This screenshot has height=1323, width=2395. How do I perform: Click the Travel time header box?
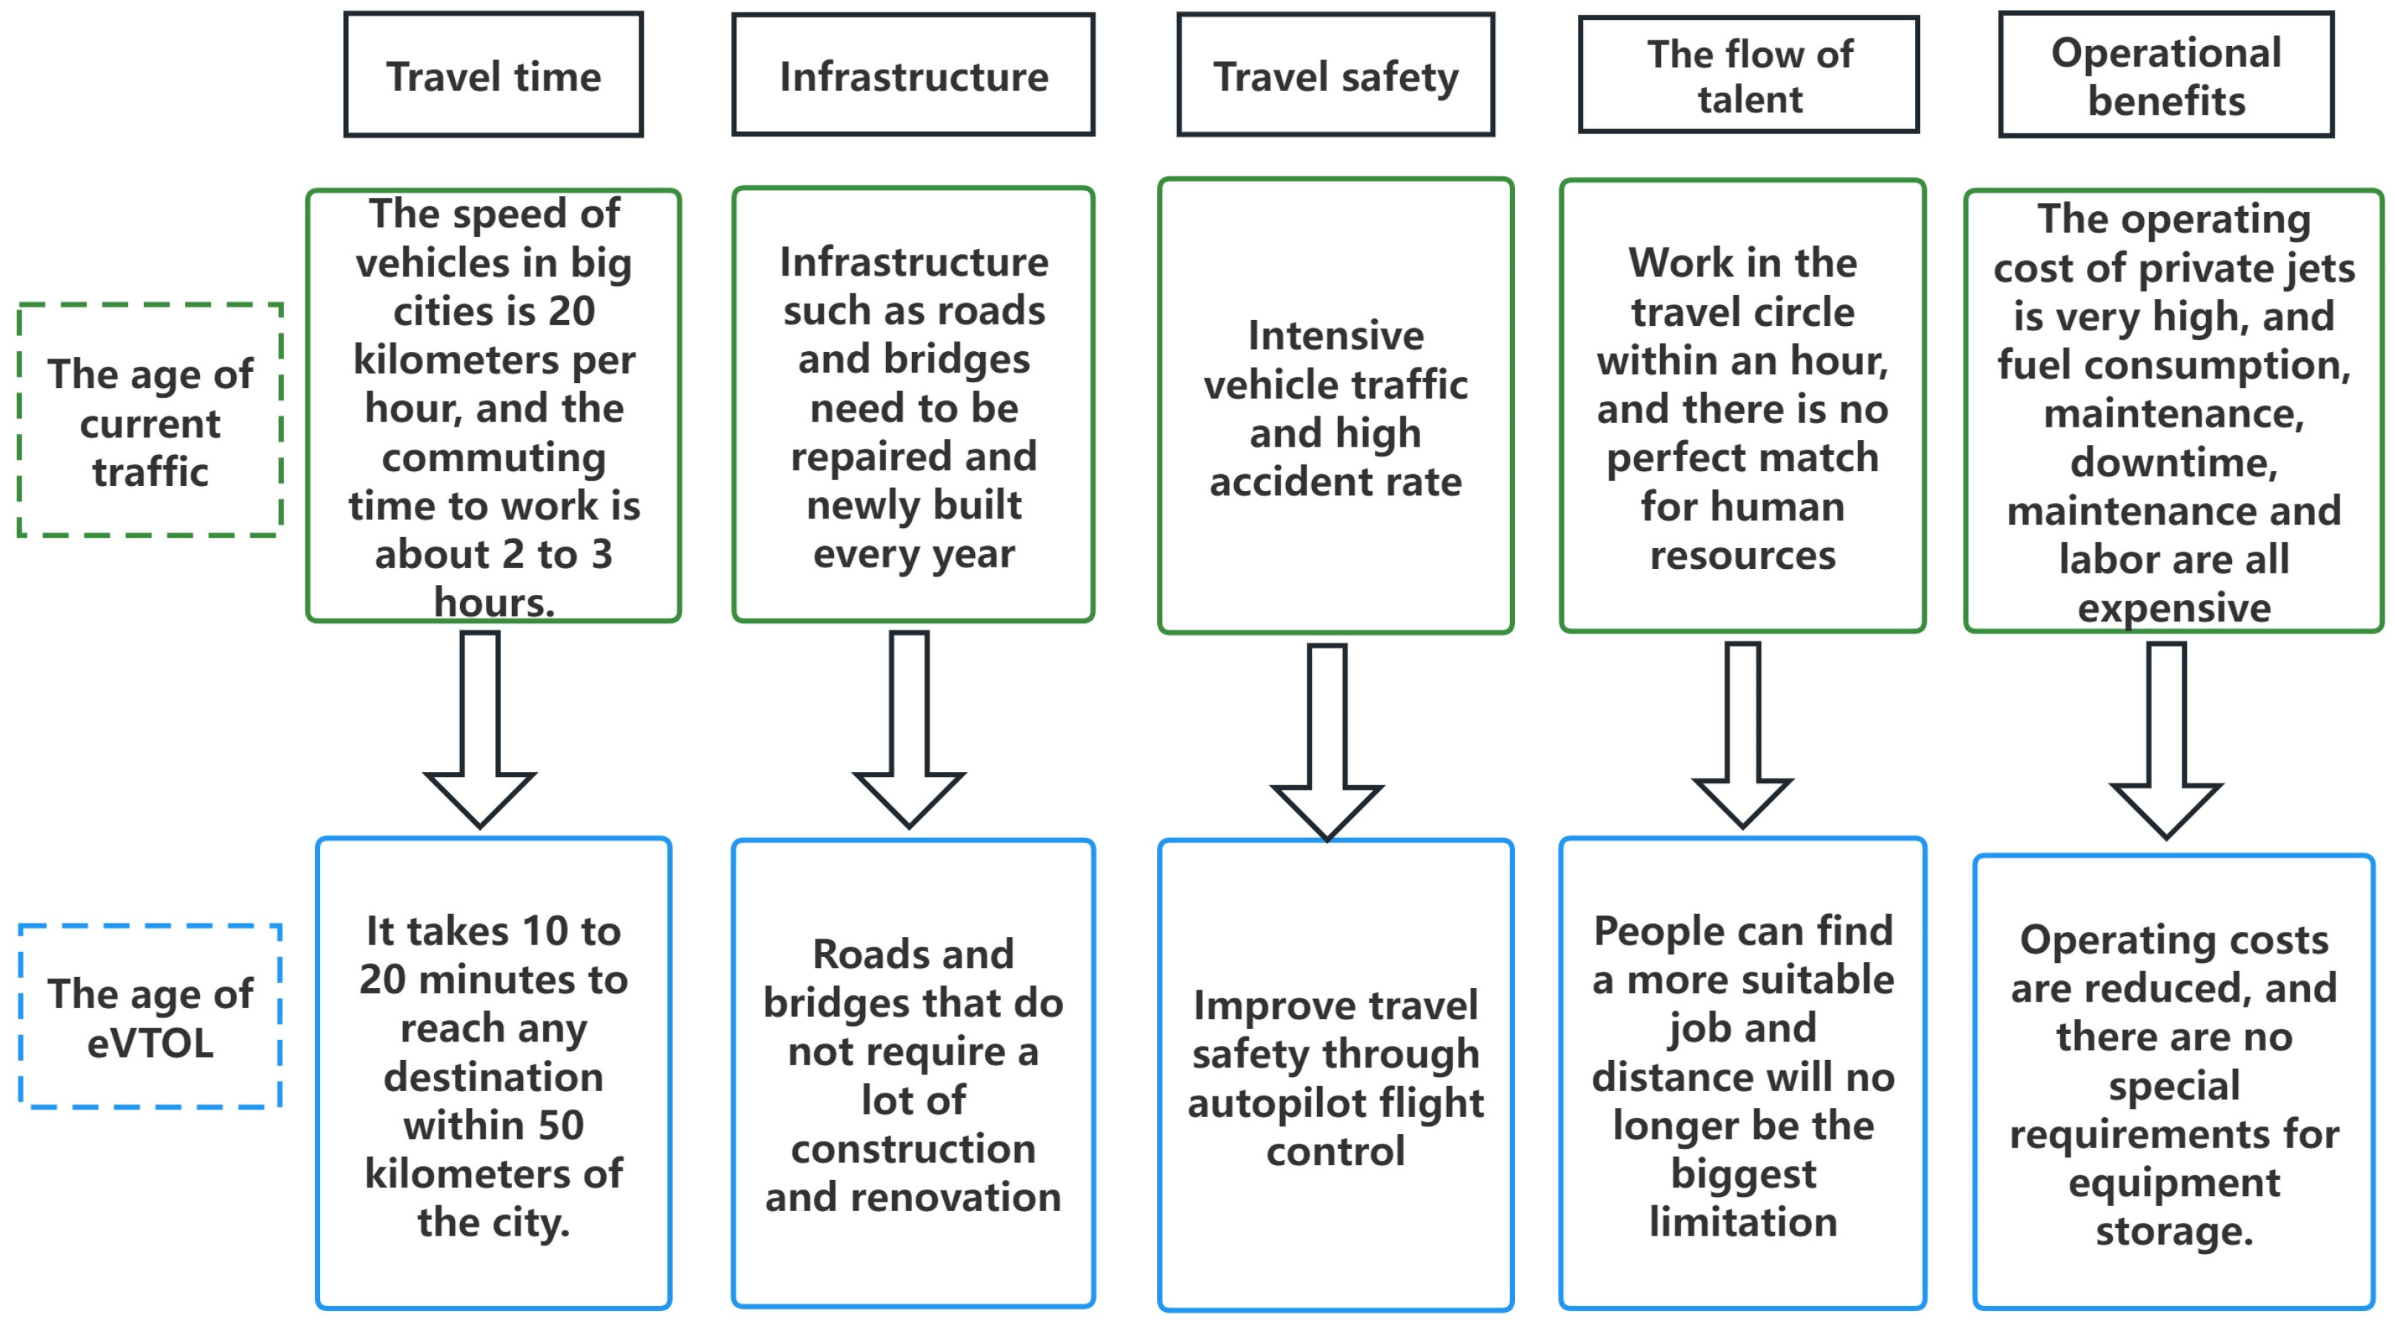(x=493, y=76)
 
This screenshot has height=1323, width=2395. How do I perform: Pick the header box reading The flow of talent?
(x=1749, y=76)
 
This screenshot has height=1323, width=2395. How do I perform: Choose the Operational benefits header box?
(x=2166, y=76)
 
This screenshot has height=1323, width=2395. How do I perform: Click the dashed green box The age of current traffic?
(x=150, y=420)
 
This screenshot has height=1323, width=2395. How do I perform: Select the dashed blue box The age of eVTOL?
(x=150, y=1017)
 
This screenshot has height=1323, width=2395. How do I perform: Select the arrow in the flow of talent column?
(x=1742, y=735)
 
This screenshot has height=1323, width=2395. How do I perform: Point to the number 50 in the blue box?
(x=560, y=1126)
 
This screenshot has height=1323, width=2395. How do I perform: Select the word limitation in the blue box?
(x=1742, y=1222)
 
